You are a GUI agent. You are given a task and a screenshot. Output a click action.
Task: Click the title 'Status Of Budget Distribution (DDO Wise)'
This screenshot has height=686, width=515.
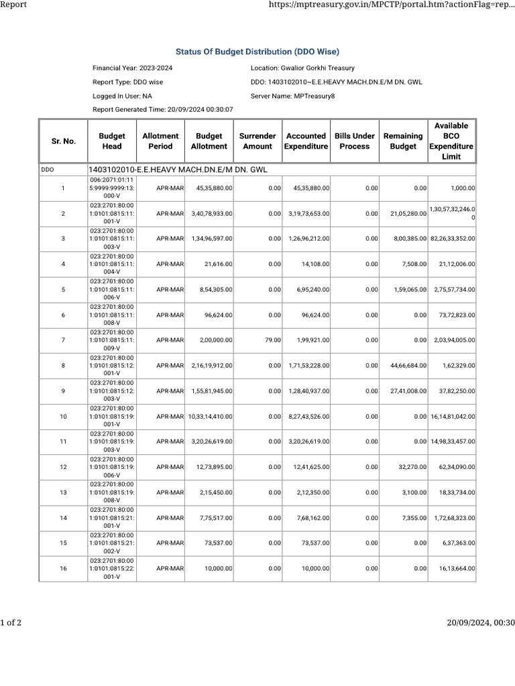click(x=257, y=52)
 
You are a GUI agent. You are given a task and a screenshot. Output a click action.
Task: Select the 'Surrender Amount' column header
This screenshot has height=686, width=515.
click(x=257, y=141)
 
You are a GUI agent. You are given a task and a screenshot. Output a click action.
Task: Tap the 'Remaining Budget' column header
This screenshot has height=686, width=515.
click(x=403, y=141)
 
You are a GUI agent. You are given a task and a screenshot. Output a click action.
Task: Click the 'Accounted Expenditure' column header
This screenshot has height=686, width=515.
click(x=306, y=141)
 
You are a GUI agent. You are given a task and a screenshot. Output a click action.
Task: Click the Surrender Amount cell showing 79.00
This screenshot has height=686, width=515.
click(x=273, y=340)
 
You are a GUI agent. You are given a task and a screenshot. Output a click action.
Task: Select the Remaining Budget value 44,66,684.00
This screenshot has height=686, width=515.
click(x=408, y=366)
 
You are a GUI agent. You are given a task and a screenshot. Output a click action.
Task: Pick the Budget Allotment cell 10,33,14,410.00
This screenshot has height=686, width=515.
click(x=211, y=417)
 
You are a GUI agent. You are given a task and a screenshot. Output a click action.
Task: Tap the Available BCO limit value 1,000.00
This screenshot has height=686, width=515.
click(x=463, y=188)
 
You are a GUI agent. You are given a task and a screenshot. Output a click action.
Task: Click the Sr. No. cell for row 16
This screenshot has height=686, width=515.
click(x=63, y=569)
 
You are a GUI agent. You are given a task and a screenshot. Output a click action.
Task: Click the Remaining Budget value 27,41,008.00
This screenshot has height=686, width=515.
click(x=408, y=391)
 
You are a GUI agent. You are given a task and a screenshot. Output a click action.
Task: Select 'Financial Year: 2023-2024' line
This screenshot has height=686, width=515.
click(x=132, y=68)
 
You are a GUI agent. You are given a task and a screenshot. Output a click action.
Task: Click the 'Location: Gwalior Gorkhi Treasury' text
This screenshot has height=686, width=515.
click(x=302, y=68)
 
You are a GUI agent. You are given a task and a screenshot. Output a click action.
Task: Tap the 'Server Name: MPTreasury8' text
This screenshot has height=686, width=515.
click(x=292, y=96)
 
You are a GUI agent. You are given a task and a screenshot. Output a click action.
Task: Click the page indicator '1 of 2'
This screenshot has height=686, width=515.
click(x=11, y=623)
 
